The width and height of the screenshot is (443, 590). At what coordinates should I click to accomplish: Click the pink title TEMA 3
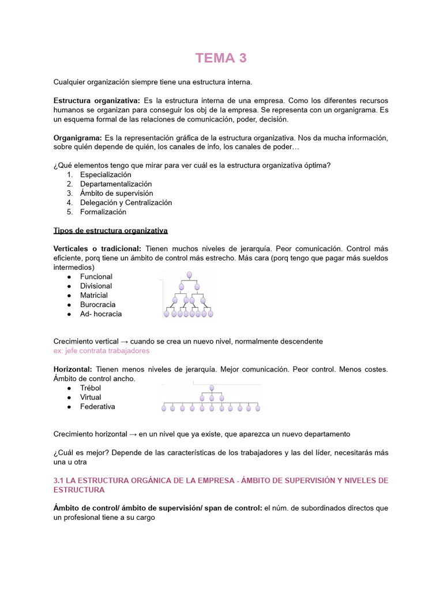tap(221, 58)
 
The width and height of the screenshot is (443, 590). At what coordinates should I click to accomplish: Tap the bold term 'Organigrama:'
tap(77, 138)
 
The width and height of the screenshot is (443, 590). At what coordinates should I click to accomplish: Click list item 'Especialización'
tap(106, 175)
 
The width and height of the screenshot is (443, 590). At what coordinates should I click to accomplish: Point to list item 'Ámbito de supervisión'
tap(117, 193)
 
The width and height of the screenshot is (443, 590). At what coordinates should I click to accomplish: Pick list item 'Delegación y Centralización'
tap(126, 202)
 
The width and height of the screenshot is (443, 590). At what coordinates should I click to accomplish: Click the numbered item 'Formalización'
tap(103, 211)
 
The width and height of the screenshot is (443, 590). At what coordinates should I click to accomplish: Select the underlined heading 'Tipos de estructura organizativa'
tap(110, 230)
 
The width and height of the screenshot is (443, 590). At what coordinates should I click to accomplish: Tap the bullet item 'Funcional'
tap(96, 277)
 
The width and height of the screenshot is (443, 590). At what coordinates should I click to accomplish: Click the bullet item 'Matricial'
tap(94, 295)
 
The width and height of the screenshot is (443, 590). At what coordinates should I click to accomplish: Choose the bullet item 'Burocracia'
tap(97, 304)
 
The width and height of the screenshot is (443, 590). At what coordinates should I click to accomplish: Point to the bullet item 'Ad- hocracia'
tap(101, 314)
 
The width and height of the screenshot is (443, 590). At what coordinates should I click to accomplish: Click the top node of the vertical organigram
tap(189, 275)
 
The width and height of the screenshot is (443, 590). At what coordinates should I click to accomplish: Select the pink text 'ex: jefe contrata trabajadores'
tap(102, 350)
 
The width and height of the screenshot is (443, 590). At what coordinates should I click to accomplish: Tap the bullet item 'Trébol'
tap(91, 388)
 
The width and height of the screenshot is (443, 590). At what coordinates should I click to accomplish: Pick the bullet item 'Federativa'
tap(97, 406)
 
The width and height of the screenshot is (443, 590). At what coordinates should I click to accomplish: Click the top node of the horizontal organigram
tap(212, 388)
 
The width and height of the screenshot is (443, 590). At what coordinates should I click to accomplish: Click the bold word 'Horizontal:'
tap(73, 369)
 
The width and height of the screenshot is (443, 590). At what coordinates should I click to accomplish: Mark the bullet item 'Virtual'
tap(91, 397)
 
